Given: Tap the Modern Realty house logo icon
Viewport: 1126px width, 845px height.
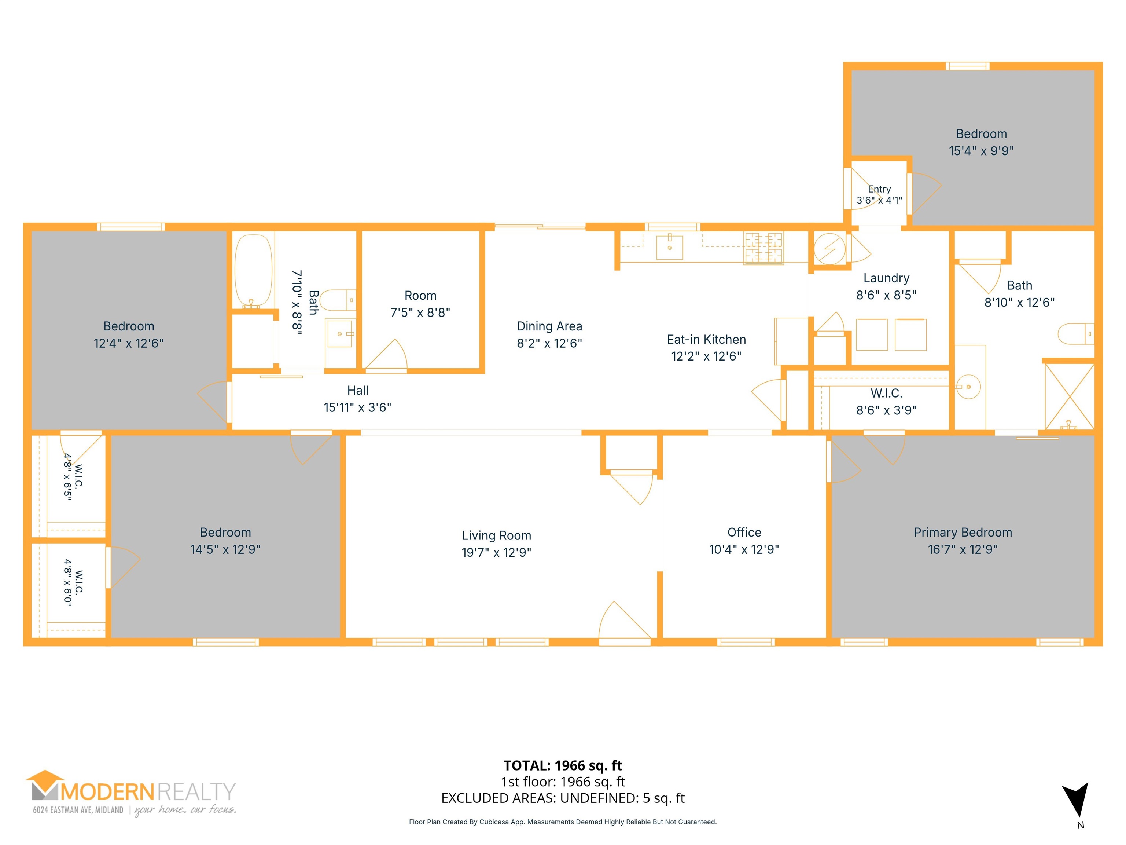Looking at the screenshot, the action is click(x=46, y=785).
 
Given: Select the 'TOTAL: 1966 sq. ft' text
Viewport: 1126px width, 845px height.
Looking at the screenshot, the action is click(x=563, y=765).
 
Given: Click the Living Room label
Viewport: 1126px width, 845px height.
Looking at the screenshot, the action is click(x=496, y=535).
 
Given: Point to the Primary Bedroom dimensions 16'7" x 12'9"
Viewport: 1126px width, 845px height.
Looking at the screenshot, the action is click(x=963, y=549).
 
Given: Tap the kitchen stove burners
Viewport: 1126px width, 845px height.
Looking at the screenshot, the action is click(x=763, y=248).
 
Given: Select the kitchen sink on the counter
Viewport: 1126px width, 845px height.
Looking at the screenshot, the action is click(x=669, y=247).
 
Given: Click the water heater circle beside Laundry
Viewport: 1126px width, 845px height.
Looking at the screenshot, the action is click(x=829, y=249).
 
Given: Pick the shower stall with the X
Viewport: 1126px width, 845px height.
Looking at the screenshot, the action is click(x=1069, y=396).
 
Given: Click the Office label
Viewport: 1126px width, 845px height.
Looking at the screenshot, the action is click(x=744, y=532).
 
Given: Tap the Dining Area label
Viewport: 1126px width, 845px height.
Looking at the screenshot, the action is click(x=549, y=326).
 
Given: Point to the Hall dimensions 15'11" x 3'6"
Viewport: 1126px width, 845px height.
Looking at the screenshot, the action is click(x=357, y=407).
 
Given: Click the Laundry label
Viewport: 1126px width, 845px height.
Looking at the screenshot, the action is click(x=886, y=278).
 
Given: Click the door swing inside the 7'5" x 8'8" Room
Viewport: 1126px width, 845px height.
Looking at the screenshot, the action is click(x=386, y=355).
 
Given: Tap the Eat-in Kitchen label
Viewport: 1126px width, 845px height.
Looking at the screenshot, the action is click(x=707, y=339).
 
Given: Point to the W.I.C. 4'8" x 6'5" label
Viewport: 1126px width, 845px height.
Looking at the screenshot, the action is click(x=73, y=477).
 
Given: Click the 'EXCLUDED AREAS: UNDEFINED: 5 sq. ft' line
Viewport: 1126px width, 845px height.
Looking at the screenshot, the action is click(x=563, y=798).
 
